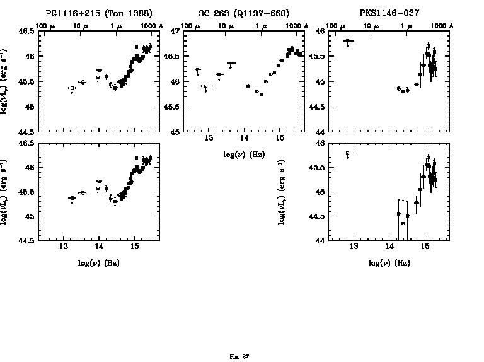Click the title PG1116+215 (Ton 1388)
(x=99, y=13)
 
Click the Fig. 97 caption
(x=239, y=356)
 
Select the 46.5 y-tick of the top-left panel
(x=27, y=32)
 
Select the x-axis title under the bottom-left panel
(x=99, y=262)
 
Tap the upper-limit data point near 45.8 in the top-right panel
(x=348, y=41)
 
